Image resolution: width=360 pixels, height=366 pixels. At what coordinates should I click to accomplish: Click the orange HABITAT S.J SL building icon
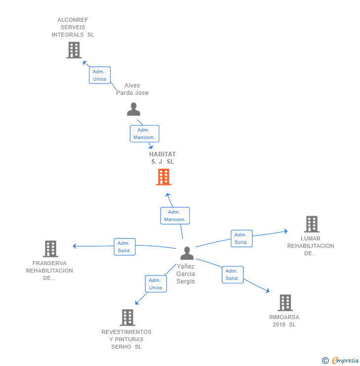(164, 177)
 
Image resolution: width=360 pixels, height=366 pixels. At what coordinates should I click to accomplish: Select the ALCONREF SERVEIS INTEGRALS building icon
(74, 50)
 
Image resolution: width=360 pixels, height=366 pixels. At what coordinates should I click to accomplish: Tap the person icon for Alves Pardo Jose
(134, 109)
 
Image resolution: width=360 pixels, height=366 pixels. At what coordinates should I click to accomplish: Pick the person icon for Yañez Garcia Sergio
(187, 253)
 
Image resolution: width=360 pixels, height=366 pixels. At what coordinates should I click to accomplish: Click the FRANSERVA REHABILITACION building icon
(50, 249)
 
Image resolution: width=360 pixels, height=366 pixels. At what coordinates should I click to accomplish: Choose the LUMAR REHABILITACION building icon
(312, 224)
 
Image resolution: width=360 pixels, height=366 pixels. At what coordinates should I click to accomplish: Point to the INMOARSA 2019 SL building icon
(285, 303)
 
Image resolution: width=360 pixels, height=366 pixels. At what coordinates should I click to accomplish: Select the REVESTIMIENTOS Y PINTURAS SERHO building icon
(128, 318)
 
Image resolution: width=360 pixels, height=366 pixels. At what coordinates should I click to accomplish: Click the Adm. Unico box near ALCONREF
(99, 75)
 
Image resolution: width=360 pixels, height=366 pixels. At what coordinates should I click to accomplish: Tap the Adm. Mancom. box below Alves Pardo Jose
(144, 134)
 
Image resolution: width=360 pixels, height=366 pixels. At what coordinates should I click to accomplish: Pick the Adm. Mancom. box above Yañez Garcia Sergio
(175, 216)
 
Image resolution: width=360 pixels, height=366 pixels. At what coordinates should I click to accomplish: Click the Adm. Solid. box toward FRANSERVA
(125, 247)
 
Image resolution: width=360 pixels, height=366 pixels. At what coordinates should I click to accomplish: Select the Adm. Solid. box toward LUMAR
(241, 238)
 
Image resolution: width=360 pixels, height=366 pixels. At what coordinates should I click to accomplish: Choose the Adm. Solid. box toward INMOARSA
(232, 274)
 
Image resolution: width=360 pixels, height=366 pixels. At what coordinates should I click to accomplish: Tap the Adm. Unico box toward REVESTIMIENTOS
(156, 284)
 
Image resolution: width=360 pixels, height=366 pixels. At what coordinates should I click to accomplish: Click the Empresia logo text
(345, 361)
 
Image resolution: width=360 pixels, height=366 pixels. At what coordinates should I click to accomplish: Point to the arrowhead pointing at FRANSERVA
(75, 246)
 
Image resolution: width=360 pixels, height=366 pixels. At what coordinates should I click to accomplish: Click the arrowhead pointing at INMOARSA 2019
(268, 291)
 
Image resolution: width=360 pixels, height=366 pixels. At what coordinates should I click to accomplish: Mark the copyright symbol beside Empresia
(325, 361)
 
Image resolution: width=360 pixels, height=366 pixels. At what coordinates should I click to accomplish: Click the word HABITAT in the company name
(162, 154)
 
